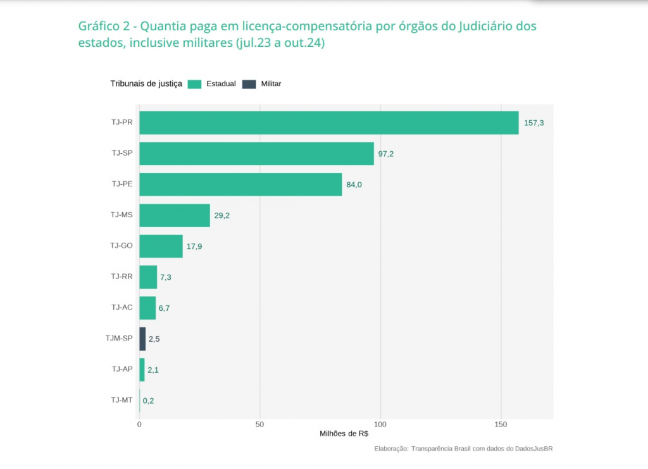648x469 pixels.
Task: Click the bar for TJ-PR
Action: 328,123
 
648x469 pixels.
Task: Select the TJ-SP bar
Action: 256,154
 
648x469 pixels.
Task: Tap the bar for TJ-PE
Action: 240,184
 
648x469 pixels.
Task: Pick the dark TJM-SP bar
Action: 142,339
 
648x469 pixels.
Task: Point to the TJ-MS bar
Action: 174,215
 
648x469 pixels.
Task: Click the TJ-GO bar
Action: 161,246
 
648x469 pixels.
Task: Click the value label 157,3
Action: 533,123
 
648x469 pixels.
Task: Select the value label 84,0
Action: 354,185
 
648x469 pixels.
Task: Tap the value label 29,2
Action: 222,216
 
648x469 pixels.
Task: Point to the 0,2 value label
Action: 148,401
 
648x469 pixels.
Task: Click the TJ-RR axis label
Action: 121,277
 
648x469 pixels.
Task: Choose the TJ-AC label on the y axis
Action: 121,308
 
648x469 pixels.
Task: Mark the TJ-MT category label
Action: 121,400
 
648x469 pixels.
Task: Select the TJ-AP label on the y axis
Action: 121,369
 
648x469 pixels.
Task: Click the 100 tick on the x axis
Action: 380,424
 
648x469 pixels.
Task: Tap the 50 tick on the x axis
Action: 260,424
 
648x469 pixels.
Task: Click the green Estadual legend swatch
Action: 195,84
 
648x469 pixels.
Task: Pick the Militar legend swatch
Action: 249,84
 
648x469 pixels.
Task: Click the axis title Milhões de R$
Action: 344,434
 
